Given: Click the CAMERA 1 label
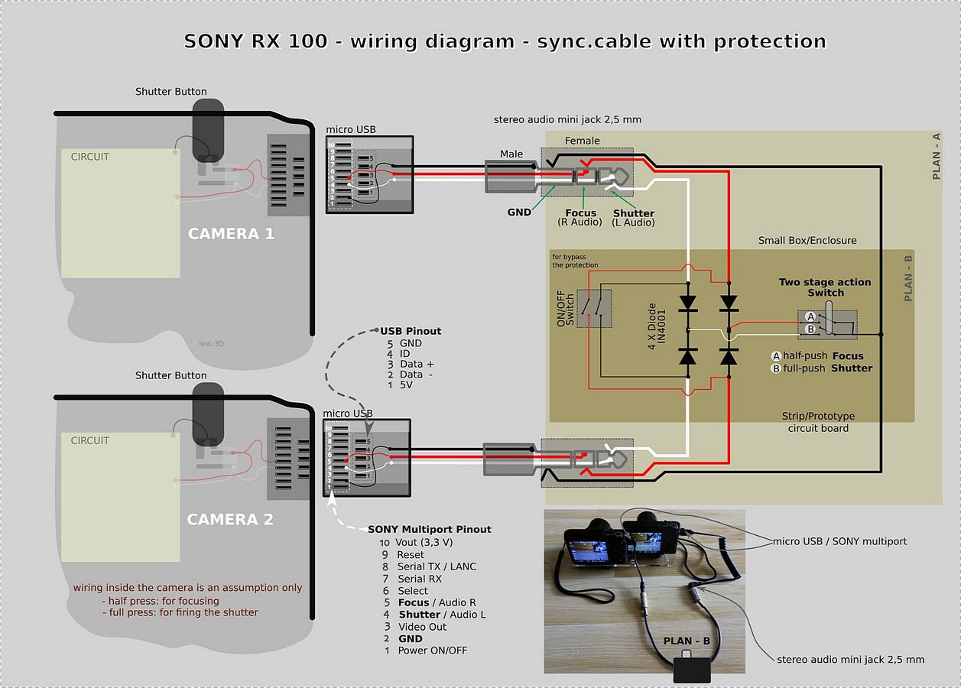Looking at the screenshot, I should tap(231, 234).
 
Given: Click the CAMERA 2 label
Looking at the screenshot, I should tap(230, 520).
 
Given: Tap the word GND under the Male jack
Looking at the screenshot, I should tap(519, 212).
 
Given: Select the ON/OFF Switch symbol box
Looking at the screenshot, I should tap(594, 308).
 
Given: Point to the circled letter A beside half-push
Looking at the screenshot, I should tap(776, 356).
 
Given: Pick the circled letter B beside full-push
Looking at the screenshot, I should tap(776, 368).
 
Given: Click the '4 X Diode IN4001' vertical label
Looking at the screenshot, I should tap(657, 326).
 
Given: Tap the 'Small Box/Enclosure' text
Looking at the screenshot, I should tap(807, 241).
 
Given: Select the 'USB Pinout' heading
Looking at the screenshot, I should tap(411, 331).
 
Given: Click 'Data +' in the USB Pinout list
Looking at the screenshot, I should tap(416, 364).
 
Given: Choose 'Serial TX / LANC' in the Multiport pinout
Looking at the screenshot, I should tap(437, 566).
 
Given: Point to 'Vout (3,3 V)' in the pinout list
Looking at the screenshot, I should tap(425, 542).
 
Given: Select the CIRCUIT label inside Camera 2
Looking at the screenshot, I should tap(90, 441).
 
